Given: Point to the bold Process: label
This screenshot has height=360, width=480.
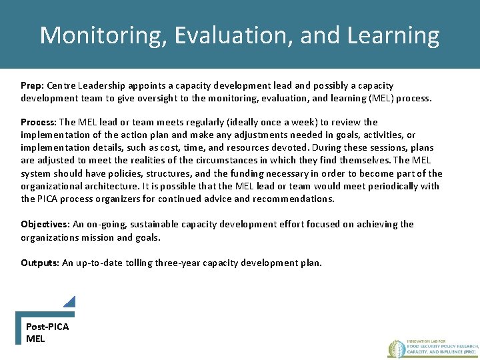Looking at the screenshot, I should pos(39,122).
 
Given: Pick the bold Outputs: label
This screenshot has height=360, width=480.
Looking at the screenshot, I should pos(40,263).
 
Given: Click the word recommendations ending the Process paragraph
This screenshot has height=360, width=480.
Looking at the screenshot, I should pos(295,199).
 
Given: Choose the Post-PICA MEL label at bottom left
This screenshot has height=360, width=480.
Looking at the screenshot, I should pos(47,332).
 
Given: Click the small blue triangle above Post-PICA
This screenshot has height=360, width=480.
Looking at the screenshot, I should pos(70,302).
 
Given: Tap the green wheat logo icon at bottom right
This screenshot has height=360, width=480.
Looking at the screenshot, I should pos(397,348).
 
